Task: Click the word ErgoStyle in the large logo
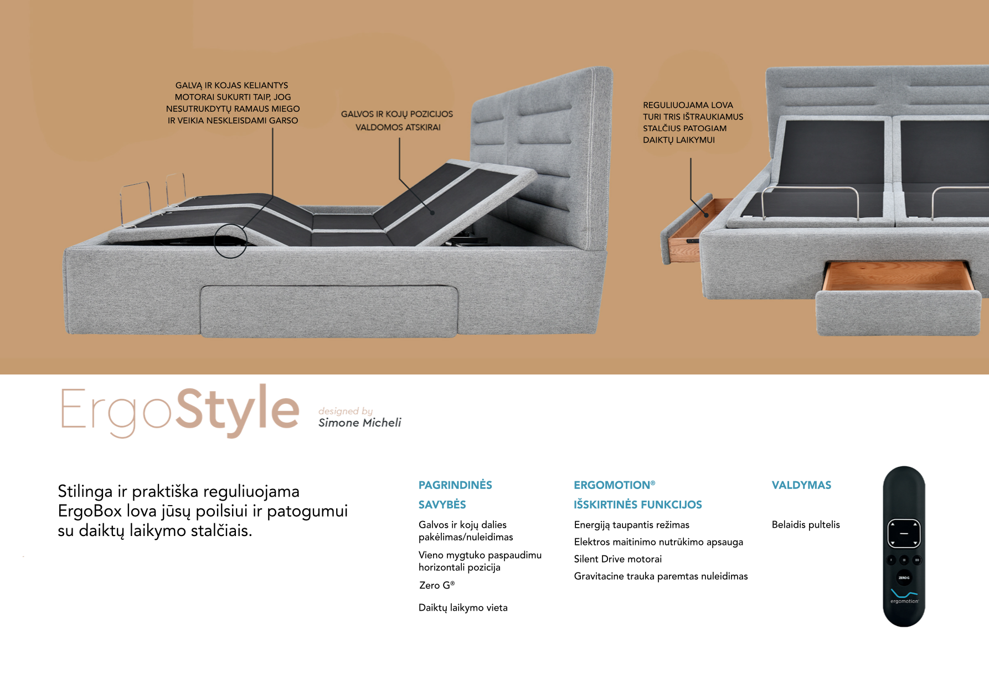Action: click(180, 410)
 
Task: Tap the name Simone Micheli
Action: click(359, 423)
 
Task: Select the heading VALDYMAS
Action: click(801, 485)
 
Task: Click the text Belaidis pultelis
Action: click(806, 524)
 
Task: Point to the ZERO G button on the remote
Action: click(904, 577)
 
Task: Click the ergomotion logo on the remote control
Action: click(904, 597)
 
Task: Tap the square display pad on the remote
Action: click(904, 534)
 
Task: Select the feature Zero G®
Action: click(437, 585)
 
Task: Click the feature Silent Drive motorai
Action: click(618, 559)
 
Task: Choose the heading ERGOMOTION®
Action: click(615, 485)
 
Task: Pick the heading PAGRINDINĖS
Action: click(455, 485)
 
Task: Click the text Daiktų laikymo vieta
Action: click(463, 607)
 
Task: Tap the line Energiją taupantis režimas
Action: click(632, 525)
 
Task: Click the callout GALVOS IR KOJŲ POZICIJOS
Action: click(397, 115)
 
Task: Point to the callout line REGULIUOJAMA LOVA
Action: click(688, 105)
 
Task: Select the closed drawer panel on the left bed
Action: click(329, 311)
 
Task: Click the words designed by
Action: click(346, 411)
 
